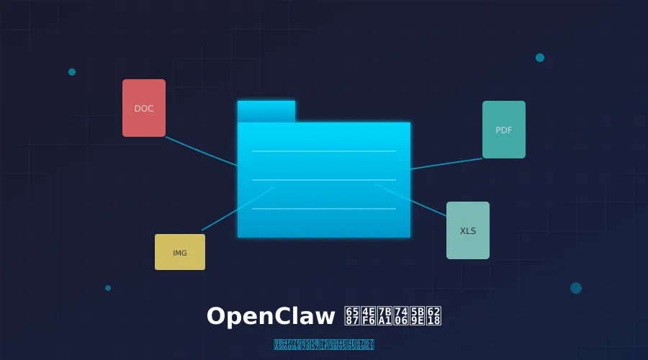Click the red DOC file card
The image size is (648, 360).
tap(144, 108)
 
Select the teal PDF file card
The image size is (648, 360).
tap(504, 130)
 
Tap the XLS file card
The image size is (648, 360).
tap(468, 230)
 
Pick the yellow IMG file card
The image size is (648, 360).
tap(180, 252)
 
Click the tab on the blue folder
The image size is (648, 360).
tap(266, 111)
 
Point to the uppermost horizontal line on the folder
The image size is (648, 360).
tap(324, 151)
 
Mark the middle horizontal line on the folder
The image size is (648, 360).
tap(324, 180)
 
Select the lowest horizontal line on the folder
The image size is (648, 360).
tap(324, 209)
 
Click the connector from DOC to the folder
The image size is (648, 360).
tap(202, 151)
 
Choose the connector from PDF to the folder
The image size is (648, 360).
tap(446, 164)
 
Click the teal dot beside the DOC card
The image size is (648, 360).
tap(72, 72)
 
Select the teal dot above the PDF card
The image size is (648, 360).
tap(540, 58)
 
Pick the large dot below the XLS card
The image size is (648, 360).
tap(576, 288)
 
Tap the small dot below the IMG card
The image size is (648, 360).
tap(108, 288)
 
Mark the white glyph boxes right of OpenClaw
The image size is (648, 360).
tap(393, 317)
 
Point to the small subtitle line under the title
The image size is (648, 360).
tap(324, 345)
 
